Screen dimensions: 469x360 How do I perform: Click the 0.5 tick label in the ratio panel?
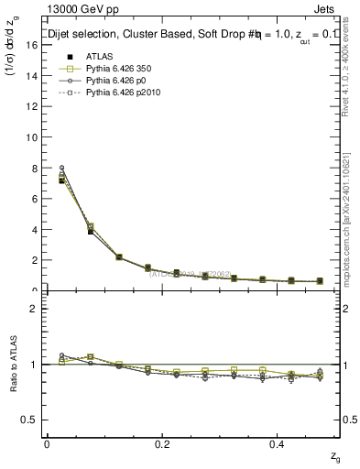27,420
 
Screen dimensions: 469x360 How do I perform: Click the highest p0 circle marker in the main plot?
61,168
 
